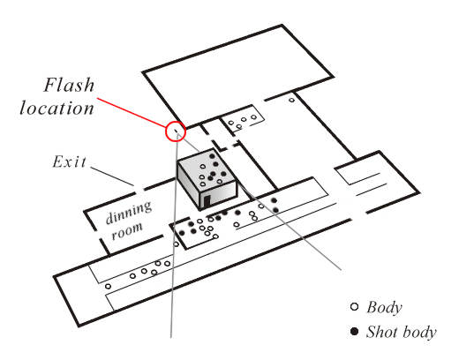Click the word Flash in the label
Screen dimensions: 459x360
pos(69,85)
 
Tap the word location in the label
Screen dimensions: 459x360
pos(56,108)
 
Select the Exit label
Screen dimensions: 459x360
pos(70,161)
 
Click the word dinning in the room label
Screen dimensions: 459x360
pos(129,212)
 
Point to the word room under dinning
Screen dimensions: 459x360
pos(127,230)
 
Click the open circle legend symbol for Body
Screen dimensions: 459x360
pos(355,307)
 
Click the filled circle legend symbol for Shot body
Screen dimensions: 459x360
pos(355,332)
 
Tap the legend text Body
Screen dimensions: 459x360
pos(384,308)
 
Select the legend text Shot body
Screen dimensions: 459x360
pos(402,332)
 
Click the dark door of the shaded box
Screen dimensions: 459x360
pos(207,201)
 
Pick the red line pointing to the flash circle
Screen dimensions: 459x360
pos(132,113)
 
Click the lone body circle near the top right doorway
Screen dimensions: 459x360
pos(291,100)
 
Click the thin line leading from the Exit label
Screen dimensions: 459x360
pos(112,176)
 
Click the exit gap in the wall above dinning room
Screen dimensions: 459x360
pos(139,190)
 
